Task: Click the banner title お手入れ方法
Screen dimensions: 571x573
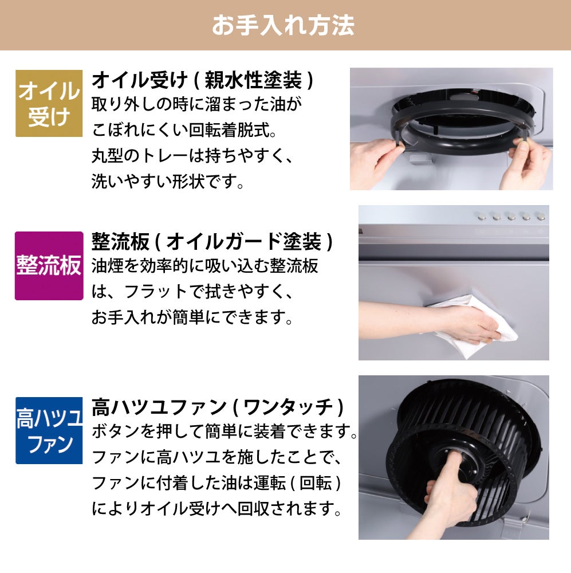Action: [283, 25]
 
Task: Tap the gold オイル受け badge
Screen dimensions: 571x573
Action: [49, 103]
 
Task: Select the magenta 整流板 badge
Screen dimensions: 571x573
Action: [49, 266]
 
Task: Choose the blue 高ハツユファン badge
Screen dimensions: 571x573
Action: [49, 430]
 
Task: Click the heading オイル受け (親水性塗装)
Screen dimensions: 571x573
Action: [202, 80]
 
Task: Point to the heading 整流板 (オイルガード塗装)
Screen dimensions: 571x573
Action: [212, 242]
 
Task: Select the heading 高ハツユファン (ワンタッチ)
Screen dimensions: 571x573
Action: [218, 407]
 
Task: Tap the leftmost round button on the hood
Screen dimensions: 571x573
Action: [482, 217]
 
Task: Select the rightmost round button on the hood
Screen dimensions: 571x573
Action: [541, 217]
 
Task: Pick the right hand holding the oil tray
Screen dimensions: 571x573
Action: [528, 161]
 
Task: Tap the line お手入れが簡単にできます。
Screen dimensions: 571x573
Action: [192, 317]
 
